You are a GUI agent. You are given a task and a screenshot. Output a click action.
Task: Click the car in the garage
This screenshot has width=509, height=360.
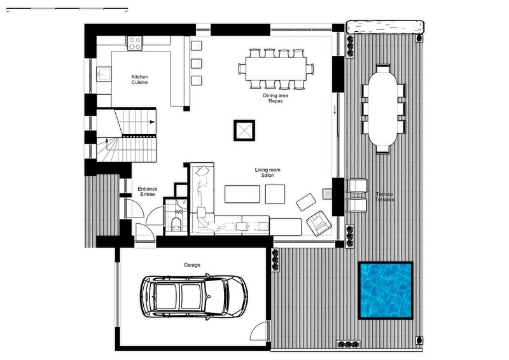pos(194,296)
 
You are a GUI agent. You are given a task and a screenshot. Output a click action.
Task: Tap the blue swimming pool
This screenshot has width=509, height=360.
pos(386,291)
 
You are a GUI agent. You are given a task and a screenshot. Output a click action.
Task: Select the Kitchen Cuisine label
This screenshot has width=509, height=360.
pos(139,80)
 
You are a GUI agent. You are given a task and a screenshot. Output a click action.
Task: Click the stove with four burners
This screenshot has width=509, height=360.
pos(135,43)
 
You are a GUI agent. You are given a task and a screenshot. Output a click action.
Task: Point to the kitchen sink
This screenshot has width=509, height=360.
pos(104,74)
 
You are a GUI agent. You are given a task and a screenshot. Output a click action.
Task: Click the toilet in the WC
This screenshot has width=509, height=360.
pos(176,224)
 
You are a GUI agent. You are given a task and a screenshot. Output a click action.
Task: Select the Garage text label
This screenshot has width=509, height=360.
pos(192,265)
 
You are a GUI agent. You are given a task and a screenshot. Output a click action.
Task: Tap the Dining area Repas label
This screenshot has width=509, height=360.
pos(275,98)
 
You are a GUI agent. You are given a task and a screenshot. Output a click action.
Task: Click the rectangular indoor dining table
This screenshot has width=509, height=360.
pos(276,69)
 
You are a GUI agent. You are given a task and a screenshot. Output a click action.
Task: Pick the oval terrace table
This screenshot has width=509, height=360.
pos(383,108)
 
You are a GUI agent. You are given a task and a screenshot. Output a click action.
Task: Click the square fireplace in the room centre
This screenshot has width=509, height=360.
pos(244,130)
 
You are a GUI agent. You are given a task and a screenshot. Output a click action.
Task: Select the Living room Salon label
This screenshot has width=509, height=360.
pos(267,172)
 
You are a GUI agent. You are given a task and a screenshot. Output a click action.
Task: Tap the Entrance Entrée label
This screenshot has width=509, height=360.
pos(148,191)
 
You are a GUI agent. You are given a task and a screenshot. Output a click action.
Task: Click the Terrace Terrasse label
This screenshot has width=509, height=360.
pos(385,197)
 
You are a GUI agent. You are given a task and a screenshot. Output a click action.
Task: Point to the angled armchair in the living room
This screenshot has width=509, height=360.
pos(319,223)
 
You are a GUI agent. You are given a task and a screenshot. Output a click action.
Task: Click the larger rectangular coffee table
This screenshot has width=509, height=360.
pos(242,194)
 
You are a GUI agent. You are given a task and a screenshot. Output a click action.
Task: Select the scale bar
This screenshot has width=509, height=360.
pos(67,9)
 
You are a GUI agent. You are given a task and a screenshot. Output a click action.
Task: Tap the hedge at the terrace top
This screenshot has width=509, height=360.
pos(385,27)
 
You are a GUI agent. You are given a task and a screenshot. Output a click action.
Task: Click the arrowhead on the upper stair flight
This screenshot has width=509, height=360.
pos(152,122)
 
